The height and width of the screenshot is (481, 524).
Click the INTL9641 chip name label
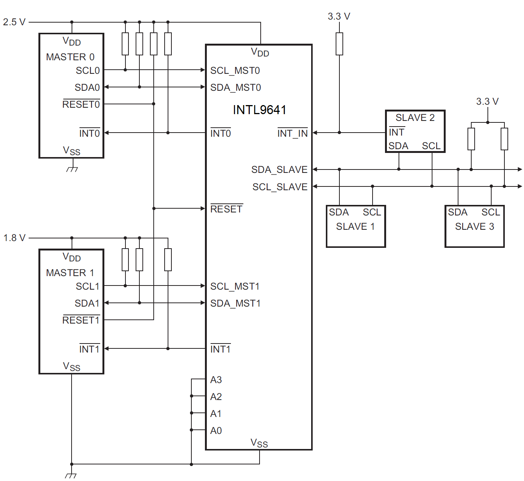[x=260, y=110]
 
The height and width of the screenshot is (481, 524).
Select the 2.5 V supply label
[x=14, y=22]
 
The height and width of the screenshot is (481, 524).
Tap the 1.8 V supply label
[x=14, y=238]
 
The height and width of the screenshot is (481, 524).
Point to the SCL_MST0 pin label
[x=235, y=71]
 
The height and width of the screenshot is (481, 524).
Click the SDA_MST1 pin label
[x=235, y=304]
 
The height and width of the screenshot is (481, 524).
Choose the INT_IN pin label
[x=292, y=134]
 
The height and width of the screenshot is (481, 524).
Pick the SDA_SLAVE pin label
[x=279, y=170]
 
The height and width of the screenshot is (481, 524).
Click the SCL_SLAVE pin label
[x=280, y=187]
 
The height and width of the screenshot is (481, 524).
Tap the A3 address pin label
[x=216, y=380]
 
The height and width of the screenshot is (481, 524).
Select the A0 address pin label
[x=216, y=431]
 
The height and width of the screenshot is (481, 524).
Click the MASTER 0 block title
[x=70, y=57]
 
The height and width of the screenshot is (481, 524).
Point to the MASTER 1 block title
[x=70, y=273]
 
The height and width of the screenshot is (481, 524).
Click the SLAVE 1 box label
[x=355, y=227]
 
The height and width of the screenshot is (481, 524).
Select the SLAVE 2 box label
[x=415, y=118]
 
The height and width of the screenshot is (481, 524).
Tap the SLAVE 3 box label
[x=474, y=227]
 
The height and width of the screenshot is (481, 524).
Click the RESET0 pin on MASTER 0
[x=81, y=105]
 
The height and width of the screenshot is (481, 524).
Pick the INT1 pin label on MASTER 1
[x=89, y=350]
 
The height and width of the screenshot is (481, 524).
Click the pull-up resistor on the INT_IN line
[x=339, y=44]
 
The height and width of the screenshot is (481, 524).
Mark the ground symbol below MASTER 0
[x=72, y=169]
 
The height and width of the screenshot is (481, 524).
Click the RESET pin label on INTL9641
[x=226, y=209]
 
